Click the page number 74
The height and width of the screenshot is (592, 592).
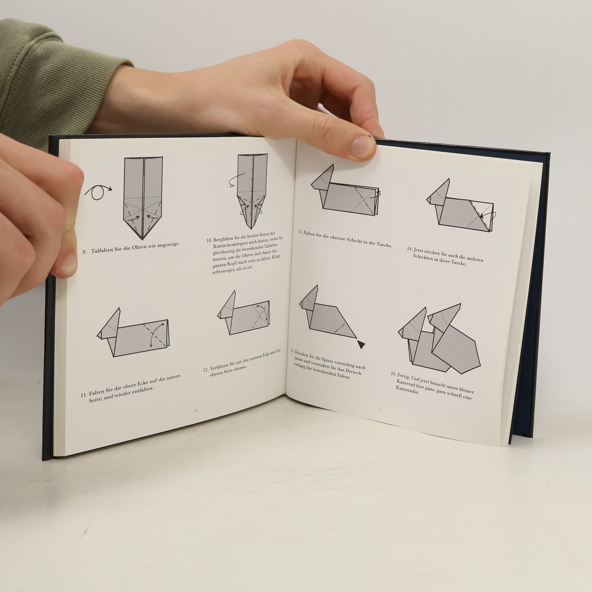coord(195,411)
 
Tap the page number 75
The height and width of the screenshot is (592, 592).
coord(379,409)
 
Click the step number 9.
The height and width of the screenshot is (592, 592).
coord(84,252)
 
